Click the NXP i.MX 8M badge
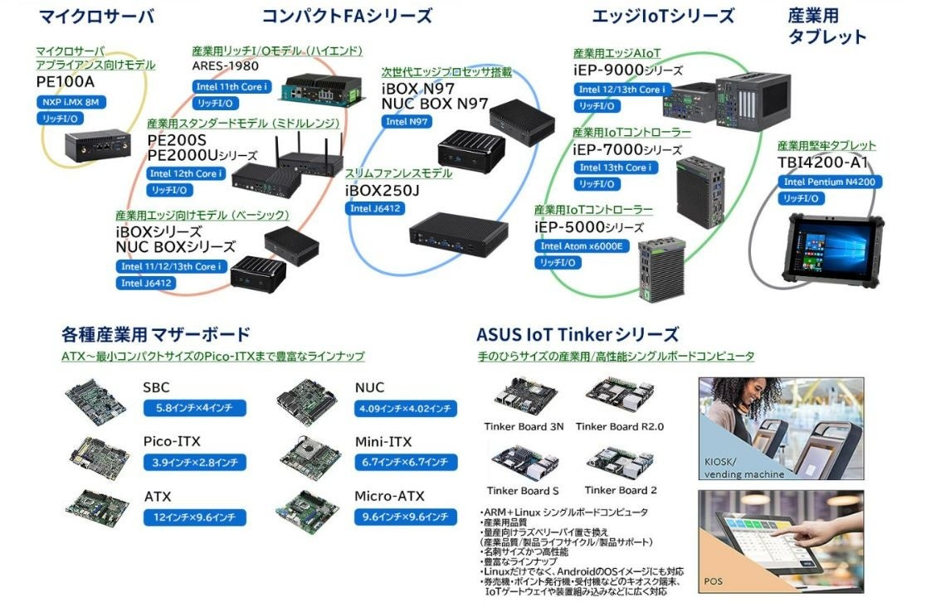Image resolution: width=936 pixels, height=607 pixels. click(x=71, y=102)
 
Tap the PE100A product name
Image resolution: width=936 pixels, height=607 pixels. click(x=66, y=82)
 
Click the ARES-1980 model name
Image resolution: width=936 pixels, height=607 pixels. click(x=226, y=66)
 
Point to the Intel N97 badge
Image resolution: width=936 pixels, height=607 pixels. click(x=407, y=122)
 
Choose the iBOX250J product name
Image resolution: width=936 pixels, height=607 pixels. click(x=382, y=191)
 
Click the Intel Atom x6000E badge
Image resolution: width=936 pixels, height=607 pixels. click(x=582, y=246)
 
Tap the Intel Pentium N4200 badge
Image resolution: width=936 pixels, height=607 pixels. click(x=830, y=182)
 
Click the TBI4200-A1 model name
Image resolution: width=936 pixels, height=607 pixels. click(x=822, y=163)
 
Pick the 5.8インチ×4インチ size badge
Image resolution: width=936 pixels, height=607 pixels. click(x=195, y=408)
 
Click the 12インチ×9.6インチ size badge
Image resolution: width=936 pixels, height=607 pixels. click(x=195, y=517)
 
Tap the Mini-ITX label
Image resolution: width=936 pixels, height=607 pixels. click(x=383, y=442)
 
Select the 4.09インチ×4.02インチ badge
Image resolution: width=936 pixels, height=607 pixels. click(x=405, y=409)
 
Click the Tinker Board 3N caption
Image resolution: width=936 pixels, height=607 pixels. click(x=524, y=426)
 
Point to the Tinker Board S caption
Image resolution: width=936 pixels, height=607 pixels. click(x=523, y=491)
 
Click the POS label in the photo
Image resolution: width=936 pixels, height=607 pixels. click(x=713, y=580)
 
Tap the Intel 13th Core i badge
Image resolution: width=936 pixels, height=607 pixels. click(x=616, y=168)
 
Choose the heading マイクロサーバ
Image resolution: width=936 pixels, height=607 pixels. click(x=96, y=16)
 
